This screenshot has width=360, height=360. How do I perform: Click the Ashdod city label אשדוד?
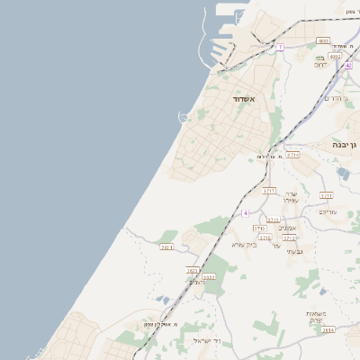244,98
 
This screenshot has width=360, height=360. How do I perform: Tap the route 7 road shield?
281,47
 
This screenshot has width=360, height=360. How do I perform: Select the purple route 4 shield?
244,213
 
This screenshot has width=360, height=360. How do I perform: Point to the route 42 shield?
348,66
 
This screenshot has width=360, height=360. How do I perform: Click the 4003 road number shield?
323,40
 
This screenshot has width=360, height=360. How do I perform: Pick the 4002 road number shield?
335,56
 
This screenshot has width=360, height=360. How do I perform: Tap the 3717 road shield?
269,191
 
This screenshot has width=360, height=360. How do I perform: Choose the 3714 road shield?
273,220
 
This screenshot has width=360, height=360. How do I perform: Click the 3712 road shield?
289,238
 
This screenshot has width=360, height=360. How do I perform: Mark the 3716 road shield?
265,238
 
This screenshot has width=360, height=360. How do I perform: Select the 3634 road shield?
328,330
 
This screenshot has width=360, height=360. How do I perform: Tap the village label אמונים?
287,228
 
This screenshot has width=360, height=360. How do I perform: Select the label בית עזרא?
244,244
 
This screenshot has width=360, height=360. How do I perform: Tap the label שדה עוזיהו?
290,197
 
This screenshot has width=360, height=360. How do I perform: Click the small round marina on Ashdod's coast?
184,117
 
